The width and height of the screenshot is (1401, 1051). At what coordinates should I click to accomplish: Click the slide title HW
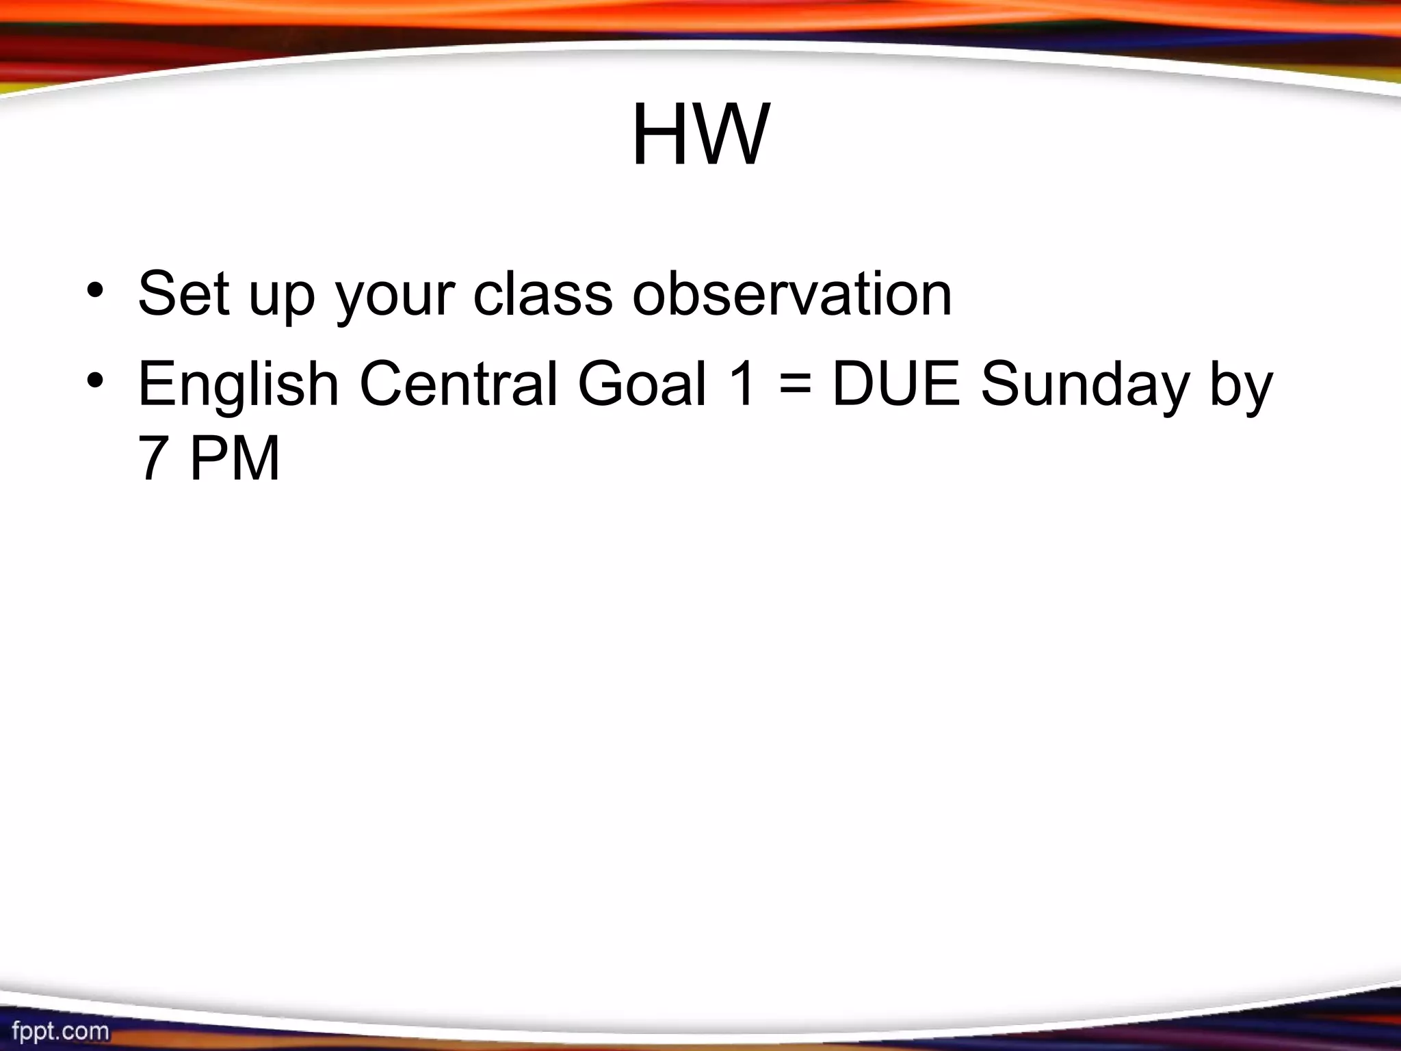(700, 135)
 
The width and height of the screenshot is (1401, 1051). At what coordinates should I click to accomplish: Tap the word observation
(791, 294)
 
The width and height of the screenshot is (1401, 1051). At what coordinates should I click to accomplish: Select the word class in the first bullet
(542, 294)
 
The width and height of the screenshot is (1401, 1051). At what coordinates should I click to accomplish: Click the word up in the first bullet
(281, 298)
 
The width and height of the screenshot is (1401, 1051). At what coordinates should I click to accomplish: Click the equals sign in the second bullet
(794, 385)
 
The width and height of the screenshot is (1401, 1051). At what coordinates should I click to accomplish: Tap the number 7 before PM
(153, 458)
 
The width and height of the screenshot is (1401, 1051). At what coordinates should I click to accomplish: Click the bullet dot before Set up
(96, 290)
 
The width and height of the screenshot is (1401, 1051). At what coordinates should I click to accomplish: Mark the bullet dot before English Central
(96, 380)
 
